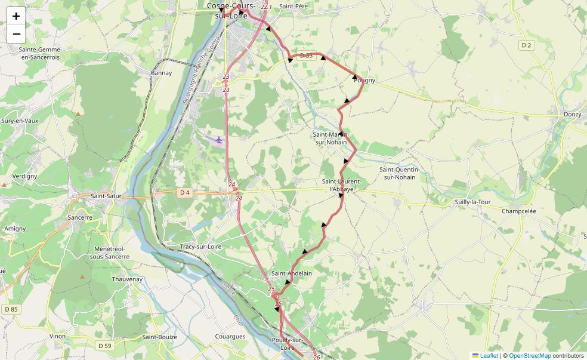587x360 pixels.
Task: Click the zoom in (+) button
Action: [16, 16]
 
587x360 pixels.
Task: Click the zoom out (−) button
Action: [16, 34]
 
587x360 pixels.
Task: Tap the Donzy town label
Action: [572, 113]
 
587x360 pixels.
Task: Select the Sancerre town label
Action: [80, 218]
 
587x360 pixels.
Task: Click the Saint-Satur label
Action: [106, 196]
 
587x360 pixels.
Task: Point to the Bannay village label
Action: [161, 73]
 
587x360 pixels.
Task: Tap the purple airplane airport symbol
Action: [219, 140]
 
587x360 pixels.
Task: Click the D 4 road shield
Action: [184, 192]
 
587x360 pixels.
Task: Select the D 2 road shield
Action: [526, 45]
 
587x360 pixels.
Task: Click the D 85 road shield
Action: [11, 309]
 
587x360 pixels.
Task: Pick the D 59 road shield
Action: [104, 346]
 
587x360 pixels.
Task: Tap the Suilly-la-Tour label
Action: [472, 202]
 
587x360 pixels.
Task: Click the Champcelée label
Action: [518, 211]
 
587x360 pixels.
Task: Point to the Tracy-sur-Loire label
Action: [200, 247]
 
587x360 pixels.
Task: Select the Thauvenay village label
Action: [127, 279]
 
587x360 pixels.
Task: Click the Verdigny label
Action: [24, 176]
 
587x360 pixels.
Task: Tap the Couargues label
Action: [230, 337]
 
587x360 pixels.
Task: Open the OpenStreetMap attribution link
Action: [530, 356]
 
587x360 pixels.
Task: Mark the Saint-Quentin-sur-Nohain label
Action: [399, 173]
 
